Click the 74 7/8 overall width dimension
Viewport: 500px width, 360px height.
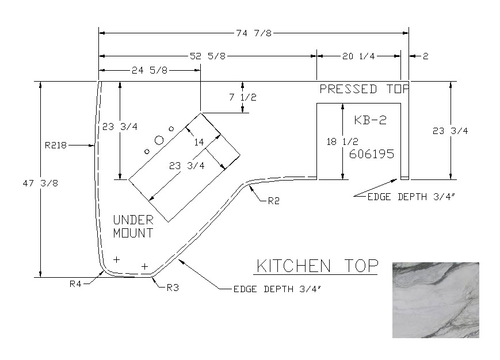point(254,33)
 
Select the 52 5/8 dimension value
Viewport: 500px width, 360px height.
point(208,56)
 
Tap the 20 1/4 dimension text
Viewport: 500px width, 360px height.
point(358,56)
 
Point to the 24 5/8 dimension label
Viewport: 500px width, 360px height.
point(150,70)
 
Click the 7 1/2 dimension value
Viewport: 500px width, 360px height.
point(243,97)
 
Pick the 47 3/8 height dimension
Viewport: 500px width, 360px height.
point(40,183)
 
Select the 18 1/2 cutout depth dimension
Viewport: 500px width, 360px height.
point(342,141)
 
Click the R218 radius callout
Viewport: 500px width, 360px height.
point(55,145)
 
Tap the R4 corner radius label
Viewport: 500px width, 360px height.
point(75,284)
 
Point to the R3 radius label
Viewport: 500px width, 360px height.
point(173,288)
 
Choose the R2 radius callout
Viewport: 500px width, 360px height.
point(274,201)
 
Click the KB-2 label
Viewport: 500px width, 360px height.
point(370,120)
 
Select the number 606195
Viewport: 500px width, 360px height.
point(372,154)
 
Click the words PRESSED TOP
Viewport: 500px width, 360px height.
point(364,89)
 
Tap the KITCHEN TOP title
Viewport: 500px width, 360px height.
point(317,266)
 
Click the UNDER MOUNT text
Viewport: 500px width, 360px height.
point(133,227)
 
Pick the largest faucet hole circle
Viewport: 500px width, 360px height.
point(159,140)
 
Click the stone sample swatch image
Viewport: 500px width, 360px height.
point(436,300)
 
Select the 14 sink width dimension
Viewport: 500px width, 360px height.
point(199,142)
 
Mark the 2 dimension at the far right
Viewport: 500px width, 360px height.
point(425,56)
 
